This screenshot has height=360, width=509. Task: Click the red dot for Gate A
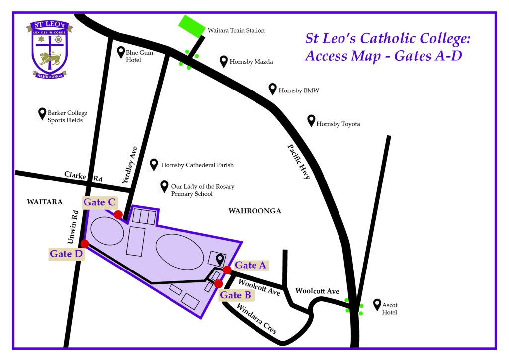[227, 270]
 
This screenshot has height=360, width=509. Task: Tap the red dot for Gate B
[218, 284]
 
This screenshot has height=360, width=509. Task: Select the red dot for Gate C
[118, 214]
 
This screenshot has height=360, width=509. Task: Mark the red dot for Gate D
[85, 244]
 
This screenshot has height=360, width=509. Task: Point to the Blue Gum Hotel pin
[121, 51]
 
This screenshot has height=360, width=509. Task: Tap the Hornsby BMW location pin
[272, 89]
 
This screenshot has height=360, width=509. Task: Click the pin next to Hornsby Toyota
[311, 121]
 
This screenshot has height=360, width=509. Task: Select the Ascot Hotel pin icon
[377, 304]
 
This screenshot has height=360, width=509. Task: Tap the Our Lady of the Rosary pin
[164, 186]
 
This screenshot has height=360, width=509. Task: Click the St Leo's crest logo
[49, 49]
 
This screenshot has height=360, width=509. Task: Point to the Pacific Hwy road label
[299, 161]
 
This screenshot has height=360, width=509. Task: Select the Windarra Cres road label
[256, 318]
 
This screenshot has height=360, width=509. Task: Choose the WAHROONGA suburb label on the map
[254, 211]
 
